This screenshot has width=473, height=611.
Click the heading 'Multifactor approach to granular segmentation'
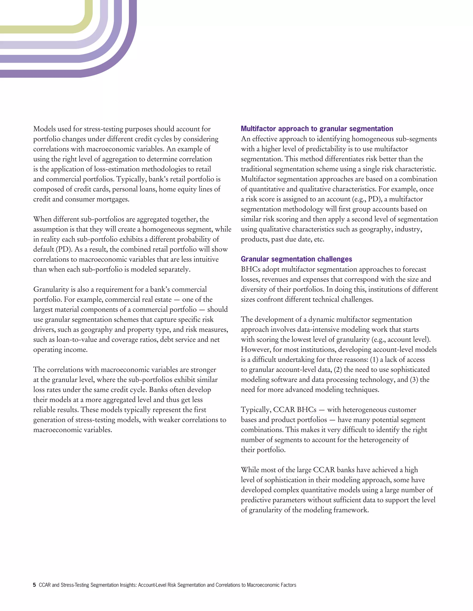pyautogui.click(x=317, y=129)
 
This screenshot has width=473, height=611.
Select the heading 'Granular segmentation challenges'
pyautogui.click(x=296, y=259)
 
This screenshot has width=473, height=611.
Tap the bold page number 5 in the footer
pyautogui.click(x=34, y=585)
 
